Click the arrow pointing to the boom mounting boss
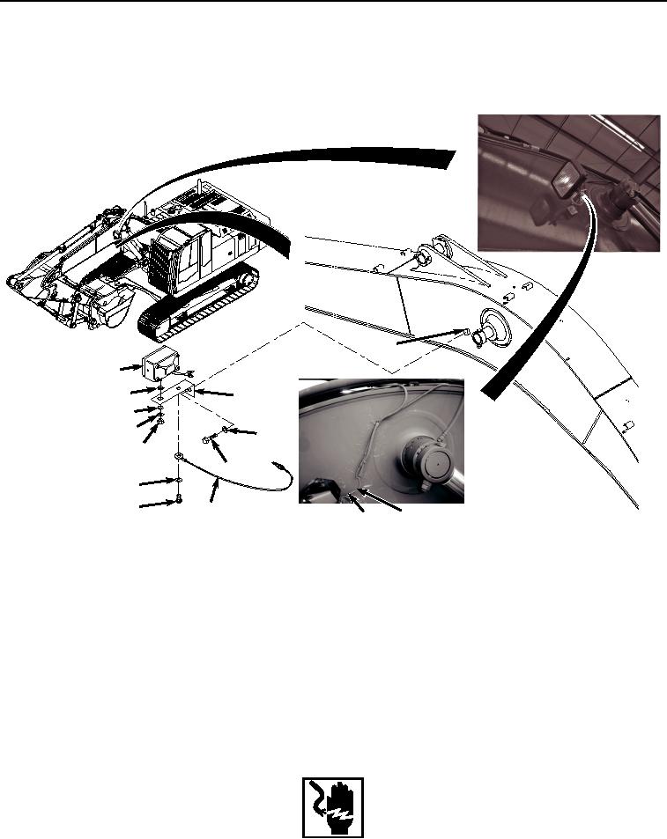click(427, 341)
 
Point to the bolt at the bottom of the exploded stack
click(179, 499)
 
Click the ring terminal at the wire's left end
click(179, 457)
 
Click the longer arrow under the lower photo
click(384, 503)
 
